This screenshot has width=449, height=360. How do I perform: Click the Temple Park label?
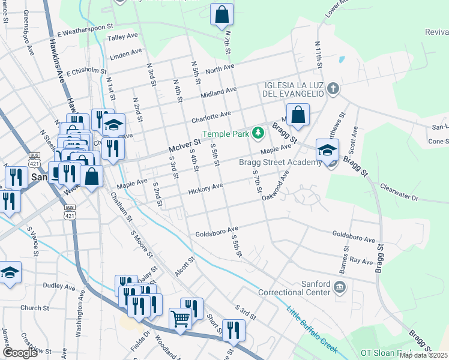[x=225, y=134]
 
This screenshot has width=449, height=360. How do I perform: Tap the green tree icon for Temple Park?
[x=258, y=132]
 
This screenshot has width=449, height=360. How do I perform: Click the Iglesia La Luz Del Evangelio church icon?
[x=334, y=90]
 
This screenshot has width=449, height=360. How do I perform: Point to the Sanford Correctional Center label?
[x=294, y=288]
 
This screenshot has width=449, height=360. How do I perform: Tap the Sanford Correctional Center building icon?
[x=340, y=286]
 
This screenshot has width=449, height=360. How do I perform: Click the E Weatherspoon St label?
[x=85, y=29]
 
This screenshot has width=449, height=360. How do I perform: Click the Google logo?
[x=20, y=352]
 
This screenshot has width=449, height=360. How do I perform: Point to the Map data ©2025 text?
[x=423, y=355]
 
